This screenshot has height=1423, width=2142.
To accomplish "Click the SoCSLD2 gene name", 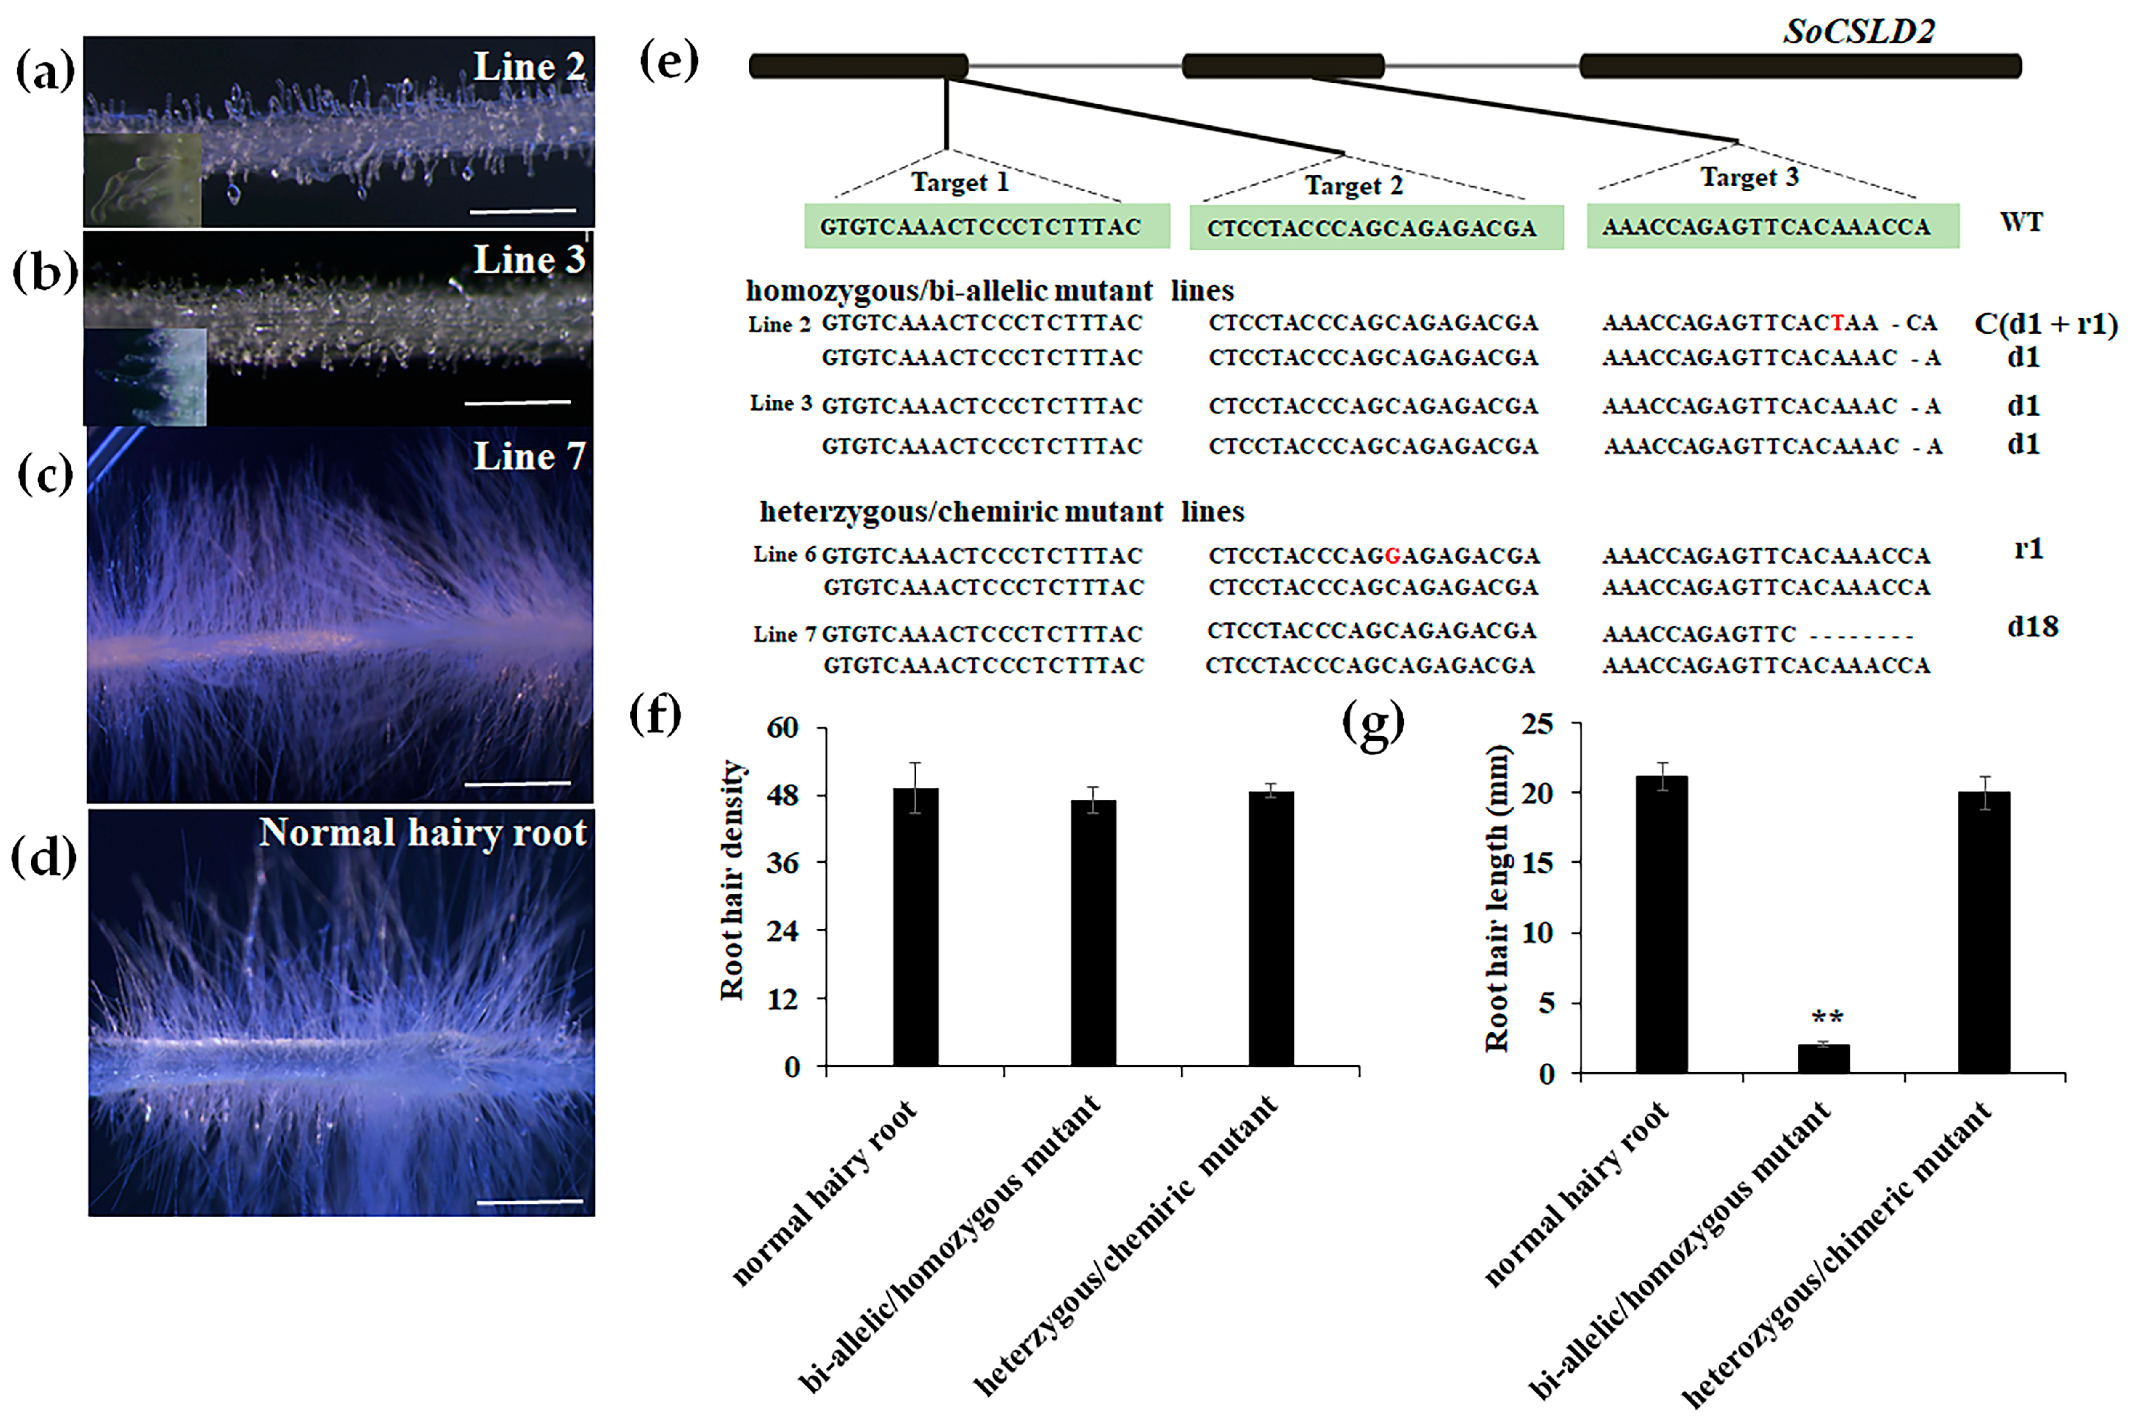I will (1859, 32).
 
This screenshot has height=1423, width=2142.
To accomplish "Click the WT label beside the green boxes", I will (2021, 222).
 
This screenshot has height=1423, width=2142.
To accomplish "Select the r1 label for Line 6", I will (2028, 549).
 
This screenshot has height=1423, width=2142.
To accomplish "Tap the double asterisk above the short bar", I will (1826, 1017).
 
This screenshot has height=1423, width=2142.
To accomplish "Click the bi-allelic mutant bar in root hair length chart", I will (1823, 1059).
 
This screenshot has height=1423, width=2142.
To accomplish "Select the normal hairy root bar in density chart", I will (916, 926).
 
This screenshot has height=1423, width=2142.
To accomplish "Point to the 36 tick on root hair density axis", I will (782, 862).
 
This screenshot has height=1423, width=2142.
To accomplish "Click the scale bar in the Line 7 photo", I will (517, 782).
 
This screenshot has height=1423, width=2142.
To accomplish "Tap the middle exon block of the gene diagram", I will (1282, 65).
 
